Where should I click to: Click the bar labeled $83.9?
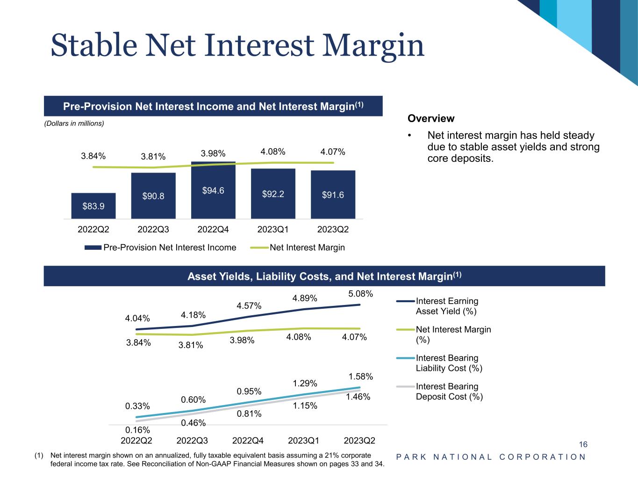93,206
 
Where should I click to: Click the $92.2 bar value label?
273,194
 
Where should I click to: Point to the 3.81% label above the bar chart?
153,156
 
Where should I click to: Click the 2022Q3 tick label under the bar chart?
153,230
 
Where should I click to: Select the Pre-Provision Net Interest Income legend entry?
160,247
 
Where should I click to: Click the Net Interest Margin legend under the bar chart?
298,247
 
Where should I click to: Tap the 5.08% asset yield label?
360,294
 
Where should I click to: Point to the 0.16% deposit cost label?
137,429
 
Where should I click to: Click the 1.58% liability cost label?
360,377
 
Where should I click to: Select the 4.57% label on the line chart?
249,306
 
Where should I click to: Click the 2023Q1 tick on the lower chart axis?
304,441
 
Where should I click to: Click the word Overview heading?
431,119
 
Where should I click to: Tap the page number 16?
583,444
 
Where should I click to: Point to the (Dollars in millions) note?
74,123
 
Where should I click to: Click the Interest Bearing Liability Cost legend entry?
448,363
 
